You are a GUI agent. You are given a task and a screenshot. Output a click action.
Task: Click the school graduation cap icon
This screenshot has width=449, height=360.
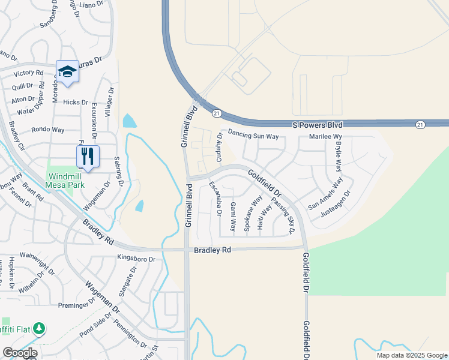(67, 71)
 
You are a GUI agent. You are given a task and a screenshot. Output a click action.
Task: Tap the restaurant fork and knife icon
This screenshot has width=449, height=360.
(88, 157)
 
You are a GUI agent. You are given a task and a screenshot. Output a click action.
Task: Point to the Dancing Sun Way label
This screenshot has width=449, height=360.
(253, 136)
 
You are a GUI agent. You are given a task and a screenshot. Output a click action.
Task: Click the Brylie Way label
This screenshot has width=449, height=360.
(338, 157)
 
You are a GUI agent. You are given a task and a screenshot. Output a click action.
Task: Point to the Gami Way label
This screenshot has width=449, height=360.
(233, 217)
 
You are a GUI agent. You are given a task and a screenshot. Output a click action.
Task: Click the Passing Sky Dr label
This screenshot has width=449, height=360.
(285, 215)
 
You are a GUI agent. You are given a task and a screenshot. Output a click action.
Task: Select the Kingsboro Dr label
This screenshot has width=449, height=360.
(136, 259)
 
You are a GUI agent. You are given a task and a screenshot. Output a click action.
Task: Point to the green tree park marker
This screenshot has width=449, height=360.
(39, 328)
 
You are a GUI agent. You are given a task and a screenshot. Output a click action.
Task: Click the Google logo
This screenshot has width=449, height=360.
(20, 352)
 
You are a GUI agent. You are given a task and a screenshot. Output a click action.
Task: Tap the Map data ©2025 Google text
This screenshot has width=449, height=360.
(411, 355)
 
